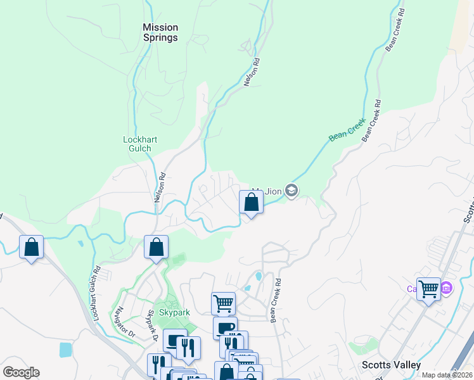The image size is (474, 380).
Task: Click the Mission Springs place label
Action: [x=160, y=32]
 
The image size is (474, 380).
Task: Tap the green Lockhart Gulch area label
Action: [x=140, y=144]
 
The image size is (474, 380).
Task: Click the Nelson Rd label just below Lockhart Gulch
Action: [x=159, y=188]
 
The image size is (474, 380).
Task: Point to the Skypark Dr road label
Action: [x=151, y=324]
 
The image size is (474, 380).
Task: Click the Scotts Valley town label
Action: [x=391, y=365]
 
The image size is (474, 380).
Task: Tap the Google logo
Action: [x=21, y=372]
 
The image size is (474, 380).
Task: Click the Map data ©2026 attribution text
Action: [x=446, y=375]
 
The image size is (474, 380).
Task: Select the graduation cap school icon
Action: [x=291, y=190]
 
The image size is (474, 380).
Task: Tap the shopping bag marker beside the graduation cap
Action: [x=252, y=203]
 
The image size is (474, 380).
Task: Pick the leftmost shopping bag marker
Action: [x=32, y=247]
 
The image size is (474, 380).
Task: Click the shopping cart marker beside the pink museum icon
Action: [x=428, y=289]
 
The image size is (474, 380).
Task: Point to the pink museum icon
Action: [x=446, y=288]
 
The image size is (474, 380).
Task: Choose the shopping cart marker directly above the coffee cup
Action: [x=223, y=303]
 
